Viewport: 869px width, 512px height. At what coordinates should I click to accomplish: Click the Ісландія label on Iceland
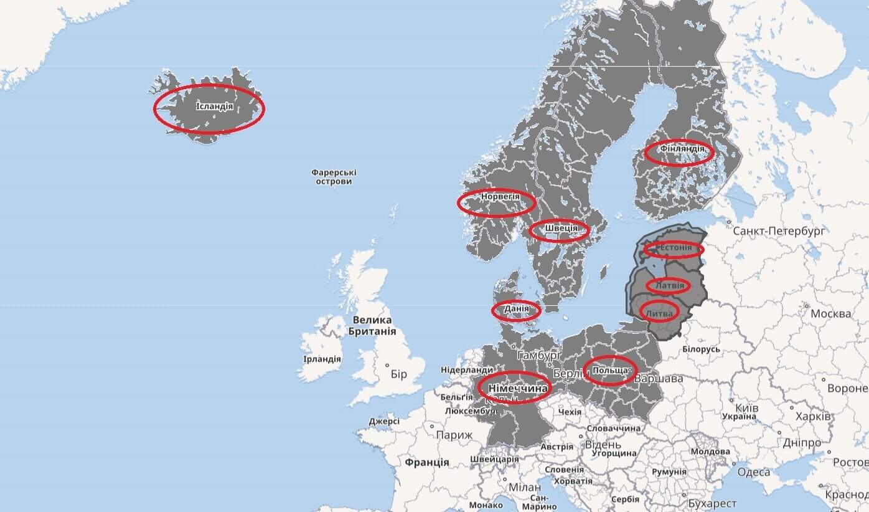(214, 107)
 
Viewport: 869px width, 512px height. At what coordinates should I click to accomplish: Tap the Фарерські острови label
(334, 177)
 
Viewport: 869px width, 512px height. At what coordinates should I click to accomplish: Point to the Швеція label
(560, 229)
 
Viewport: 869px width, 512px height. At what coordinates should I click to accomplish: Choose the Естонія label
(675, 249)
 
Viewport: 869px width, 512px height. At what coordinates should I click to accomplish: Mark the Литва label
(659, 312)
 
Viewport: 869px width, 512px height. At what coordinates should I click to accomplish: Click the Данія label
(516, 308)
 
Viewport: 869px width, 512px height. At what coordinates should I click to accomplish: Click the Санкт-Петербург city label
(779, 231)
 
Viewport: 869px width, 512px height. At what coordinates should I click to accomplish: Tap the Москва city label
(830, 313)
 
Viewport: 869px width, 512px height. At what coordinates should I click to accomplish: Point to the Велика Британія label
(372, 326)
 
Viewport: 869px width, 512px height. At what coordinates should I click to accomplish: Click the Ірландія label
(322, 359)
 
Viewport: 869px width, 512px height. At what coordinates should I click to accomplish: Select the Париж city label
(454, 435)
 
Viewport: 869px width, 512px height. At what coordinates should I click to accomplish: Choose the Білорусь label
(701, 349)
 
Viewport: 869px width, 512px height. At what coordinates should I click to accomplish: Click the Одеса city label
(753, 472)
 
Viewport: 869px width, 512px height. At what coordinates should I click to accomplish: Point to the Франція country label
(426, 463)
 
